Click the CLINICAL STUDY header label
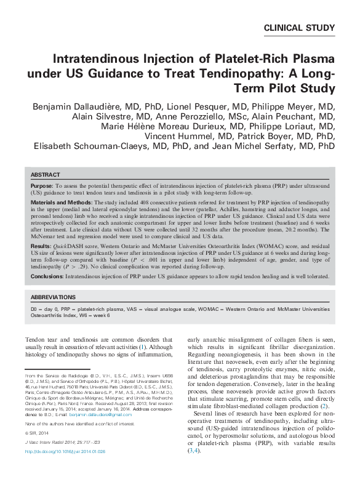299,28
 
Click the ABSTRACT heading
45,175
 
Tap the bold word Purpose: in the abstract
42,185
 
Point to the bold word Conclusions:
49,276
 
